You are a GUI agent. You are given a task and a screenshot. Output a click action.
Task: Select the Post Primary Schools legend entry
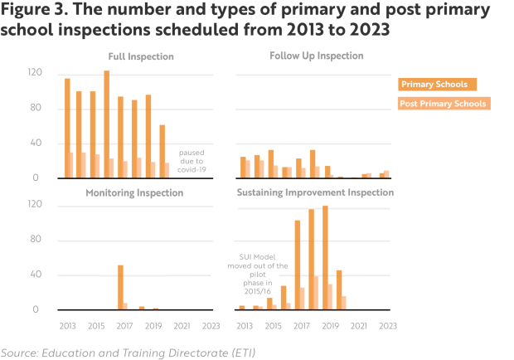click(442, 104)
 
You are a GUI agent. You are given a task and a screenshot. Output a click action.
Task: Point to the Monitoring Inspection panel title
click(134, 192)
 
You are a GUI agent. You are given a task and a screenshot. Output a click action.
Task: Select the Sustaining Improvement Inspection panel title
click(316, 192)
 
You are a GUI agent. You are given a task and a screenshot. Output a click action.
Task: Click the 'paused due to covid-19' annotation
click(191, 161)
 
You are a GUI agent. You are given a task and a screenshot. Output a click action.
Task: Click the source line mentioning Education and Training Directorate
click(128, 353)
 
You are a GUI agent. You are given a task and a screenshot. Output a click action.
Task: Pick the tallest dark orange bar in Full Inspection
click(106, 124)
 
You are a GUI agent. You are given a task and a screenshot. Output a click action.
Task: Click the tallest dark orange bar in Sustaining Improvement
click(325, 257)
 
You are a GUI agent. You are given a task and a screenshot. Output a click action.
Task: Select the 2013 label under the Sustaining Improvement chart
click(239, 324)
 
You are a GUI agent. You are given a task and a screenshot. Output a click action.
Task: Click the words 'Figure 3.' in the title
click(39, 12)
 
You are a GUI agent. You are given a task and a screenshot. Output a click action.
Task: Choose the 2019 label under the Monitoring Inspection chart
click(153, 324)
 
